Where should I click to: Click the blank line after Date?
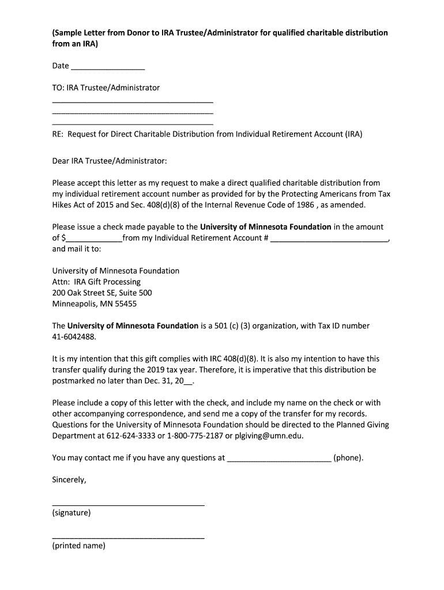tap(107, 67)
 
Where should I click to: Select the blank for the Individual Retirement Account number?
tap(329, 238)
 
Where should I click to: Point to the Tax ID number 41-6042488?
tap(74, 337)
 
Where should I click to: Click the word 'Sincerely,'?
tap(69, 480)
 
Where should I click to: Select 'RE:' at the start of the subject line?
tap(58, 134)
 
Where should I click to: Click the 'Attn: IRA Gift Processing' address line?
tap(96, 282)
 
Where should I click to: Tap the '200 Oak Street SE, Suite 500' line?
tap(102, 293)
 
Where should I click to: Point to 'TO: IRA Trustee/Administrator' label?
tap(106, 88)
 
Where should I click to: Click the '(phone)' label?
tap(348, 458)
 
